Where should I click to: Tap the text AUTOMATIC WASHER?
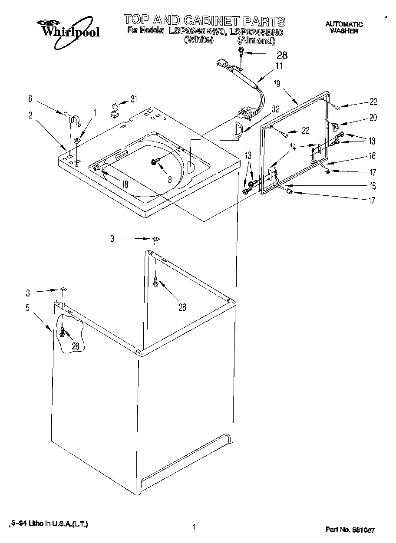click(x=344, y=28)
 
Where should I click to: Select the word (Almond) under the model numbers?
click(x=256, y=40)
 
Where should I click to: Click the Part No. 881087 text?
click(x=350, y=530)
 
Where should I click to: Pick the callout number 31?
click(x=134, y=99)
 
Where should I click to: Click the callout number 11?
click(x=279, y=66)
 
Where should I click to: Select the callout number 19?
click(x=277, y=84)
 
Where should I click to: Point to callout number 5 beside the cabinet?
click(x=28, y=308)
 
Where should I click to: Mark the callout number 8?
click(x=170, y=179)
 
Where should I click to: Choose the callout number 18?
click(x=125, y=184)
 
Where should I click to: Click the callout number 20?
click(x=373, y=117)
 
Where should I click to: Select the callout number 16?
click(x=373, y=156)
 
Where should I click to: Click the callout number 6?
click(x=30, y=99)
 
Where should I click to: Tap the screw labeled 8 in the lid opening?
click(x=154, y=162)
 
